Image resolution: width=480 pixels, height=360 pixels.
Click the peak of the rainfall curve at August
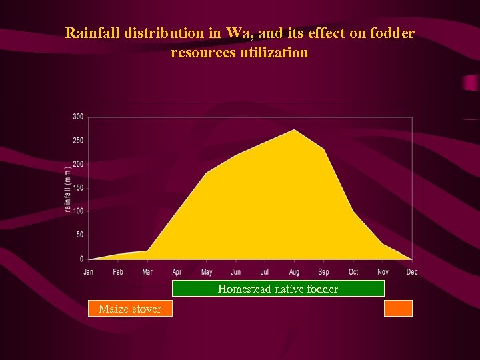[295, 130]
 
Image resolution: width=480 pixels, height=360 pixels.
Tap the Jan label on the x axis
[89, 272]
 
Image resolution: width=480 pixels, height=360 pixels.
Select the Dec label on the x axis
[412, 272]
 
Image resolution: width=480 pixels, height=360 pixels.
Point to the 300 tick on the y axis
[78, 117]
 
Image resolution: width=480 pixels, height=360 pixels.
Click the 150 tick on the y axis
[78, 188]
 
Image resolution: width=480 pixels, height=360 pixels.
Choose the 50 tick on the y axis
[79, 235]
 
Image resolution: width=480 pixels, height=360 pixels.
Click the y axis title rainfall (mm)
[68, 189]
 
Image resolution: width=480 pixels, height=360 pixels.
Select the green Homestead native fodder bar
[278, 289]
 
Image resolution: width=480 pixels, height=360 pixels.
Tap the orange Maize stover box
[130, 309]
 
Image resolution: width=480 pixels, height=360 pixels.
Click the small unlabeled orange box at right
[399, 308]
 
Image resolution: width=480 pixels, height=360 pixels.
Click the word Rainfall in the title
[91, 33]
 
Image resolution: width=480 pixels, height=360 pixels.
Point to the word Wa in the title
[236, 33]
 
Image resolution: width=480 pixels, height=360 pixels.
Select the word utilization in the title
[274, 52]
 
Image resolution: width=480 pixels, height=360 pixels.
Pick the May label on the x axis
[206, 272]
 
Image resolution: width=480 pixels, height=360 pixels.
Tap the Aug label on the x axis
[294, 272]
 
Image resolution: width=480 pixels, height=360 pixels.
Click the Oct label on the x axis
[353, 272]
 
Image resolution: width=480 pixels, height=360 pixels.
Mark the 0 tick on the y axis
[81, 259]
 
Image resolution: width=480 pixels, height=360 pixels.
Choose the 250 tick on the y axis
[78, 141]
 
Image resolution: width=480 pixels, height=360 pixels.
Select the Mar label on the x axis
[147, 272]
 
